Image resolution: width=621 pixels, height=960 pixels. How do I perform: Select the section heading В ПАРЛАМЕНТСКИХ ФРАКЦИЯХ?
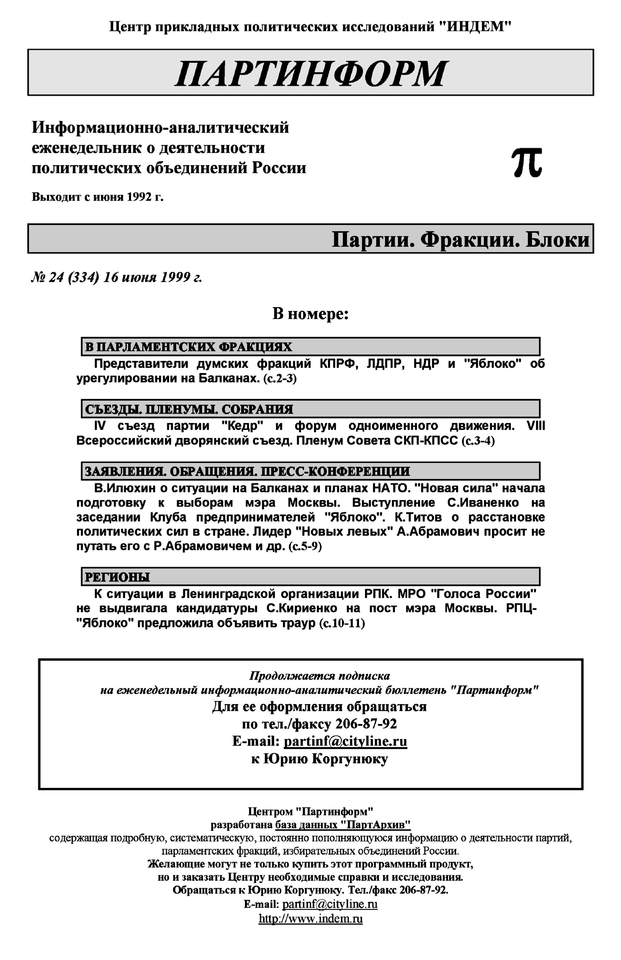pyautogui.click(x=188, y=347)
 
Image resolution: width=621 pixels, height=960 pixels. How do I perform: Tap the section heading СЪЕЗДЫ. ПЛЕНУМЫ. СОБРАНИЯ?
pyautogui.click(x=189, y=409)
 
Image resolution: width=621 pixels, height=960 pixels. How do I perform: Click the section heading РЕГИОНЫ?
pyautogui.click(x=117, y=577)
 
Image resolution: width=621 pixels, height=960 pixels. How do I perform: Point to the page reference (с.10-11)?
pyautogui.click(x=342, y=624)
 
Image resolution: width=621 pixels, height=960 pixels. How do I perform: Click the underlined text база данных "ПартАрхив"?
pyautogui.click(x=343, y=824)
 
